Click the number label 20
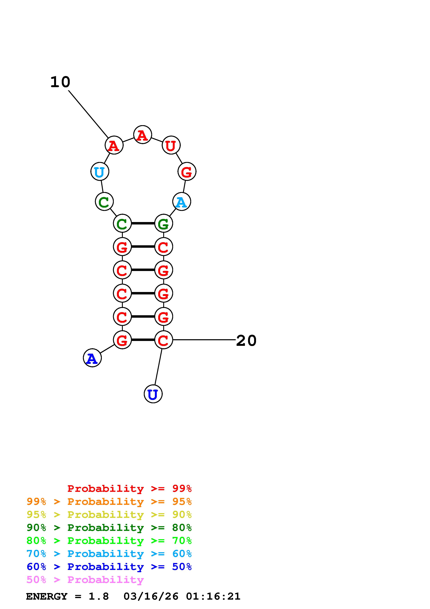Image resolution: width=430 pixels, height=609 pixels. tap(246, 341)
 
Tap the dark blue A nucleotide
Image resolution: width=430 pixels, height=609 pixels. tap(92, 358)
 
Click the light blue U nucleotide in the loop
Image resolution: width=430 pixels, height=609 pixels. tap(100, 172)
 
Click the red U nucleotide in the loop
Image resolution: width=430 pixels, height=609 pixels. tap(171, 145)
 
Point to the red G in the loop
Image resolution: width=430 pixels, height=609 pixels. tap(187, 172)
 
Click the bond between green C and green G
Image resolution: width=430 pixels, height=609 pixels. tap(143, 223)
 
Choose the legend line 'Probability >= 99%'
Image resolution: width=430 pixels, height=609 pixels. tap(129, 488)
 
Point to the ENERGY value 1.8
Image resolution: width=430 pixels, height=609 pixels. tap(99, 596)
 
